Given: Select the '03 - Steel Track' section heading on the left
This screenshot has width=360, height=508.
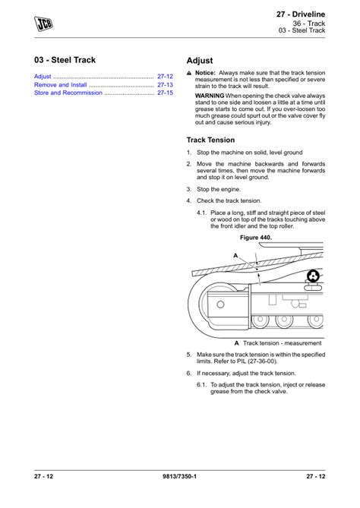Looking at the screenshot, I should tap(65, 60).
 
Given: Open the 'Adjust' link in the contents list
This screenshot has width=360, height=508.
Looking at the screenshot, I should tap(43, 77).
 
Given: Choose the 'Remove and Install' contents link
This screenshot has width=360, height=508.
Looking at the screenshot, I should tap(61, 85).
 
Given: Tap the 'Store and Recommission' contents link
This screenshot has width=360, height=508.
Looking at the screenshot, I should tap(68, 93).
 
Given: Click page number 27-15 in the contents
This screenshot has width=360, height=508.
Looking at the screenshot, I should tap(165, 93).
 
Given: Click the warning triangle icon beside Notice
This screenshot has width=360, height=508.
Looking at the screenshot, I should tap(189, 74).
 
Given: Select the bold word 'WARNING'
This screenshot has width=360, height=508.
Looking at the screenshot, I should tap(210, 96).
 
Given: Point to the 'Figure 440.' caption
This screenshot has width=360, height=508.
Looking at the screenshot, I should tap(255, 238).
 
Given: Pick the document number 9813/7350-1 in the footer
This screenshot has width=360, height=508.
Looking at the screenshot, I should tap(179, 476).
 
